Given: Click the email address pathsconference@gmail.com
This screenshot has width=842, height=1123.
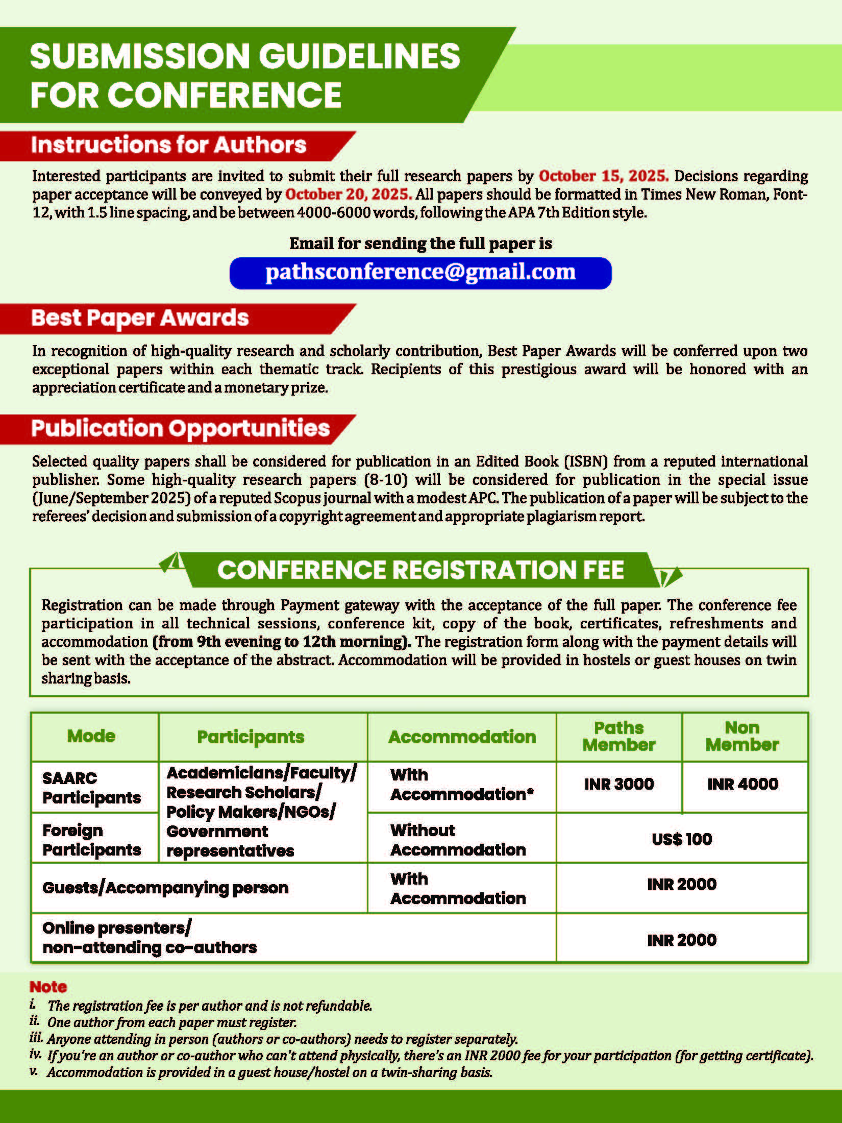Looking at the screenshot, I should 420,272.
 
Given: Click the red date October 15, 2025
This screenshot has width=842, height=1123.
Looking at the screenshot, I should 603,176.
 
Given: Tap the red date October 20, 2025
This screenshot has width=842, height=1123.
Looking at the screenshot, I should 348,194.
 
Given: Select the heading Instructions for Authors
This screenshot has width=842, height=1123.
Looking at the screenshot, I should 168,145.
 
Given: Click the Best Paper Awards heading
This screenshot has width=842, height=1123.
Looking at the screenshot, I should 140,318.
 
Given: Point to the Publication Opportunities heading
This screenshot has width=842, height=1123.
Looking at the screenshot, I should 180,428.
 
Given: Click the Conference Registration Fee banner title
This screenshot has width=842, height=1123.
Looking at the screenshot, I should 420,570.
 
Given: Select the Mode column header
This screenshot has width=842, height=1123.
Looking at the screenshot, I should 91,736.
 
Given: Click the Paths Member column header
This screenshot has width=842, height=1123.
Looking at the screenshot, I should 618,736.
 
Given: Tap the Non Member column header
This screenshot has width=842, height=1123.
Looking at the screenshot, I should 742,736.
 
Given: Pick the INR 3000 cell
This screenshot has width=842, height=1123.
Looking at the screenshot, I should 618,784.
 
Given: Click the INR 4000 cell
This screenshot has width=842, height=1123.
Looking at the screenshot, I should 742,784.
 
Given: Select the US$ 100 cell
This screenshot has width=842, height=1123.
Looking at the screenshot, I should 681,839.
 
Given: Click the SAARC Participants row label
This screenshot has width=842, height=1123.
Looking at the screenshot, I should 91,788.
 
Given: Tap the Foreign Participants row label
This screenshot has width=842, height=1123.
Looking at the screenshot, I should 91,840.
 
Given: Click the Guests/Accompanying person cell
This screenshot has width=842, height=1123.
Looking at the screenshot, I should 165,888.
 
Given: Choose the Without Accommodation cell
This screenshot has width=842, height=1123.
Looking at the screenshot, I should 458,840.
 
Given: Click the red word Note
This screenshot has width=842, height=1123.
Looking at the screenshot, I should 48,987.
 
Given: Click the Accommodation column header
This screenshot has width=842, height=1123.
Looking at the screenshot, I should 462,737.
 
